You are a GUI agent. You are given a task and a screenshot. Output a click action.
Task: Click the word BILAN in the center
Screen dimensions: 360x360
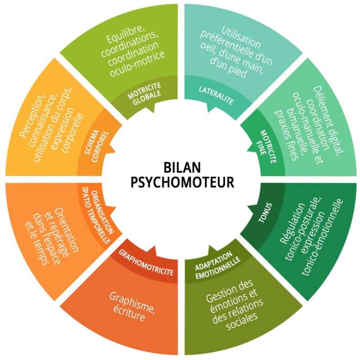[182, 167]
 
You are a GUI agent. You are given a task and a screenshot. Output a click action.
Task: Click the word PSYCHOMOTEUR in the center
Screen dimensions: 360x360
[182, 182]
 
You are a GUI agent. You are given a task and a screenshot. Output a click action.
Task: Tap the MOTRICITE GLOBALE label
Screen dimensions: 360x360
[144, 94]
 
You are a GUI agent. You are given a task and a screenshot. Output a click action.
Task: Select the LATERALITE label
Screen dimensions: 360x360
[216, 95]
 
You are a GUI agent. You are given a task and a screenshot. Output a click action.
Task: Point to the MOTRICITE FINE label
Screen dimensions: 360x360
[266, 147]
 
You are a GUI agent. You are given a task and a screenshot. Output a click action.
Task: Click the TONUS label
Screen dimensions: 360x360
[265, 212]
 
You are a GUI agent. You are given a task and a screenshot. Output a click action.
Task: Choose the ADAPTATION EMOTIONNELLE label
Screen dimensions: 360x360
[217, 265]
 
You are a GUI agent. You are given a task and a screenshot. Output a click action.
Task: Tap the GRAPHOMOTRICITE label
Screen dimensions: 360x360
[146, 262]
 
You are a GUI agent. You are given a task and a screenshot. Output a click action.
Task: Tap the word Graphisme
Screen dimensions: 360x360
[132, 302]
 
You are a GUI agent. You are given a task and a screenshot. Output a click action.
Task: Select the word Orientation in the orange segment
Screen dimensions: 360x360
[67, 229]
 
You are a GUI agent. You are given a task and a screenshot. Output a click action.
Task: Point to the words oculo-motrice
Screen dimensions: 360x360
[137, 64]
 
